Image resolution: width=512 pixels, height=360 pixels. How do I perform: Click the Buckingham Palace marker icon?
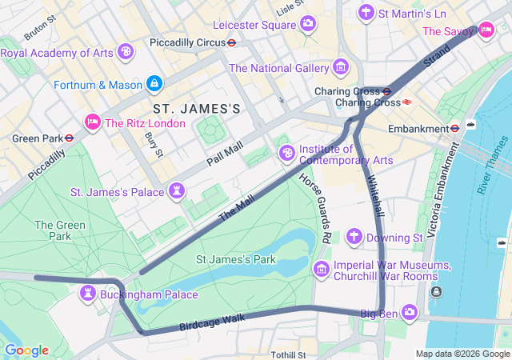[x=87, y=294]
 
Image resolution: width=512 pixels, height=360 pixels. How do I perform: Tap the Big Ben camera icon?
[x=409, y=311]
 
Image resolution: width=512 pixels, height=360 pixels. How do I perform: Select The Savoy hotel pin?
[x=486, y=30]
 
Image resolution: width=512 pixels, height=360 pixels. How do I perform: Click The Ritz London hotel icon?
[x=92, y=122]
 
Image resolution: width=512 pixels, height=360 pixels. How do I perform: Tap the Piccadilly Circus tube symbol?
[x=231, y=42]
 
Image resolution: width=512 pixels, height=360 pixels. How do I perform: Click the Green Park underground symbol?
[x=70, y=138]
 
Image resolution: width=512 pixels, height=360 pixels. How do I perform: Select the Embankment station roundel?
[x=454, y=128]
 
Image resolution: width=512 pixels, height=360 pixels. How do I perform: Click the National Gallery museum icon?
[x=342, y=66]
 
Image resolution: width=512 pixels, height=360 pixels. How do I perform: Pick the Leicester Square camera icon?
[x=307, y=24]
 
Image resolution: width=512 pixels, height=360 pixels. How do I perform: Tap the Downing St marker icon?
[x=354, y=237]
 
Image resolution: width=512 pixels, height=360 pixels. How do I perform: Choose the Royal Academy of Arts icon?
[x=125, y=52]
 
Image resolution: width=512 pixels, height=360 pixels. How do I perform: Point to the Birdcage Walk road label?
[x=211, y=322]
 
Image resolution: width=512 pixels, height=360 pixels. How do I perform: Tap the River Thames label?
[x=493, y=165]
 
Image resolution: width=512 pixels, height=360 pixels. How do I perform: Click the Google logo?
[x=26, y=350]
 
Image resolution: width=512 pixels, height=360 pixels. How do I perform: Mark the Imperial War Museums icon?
[x=322, y=268]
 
